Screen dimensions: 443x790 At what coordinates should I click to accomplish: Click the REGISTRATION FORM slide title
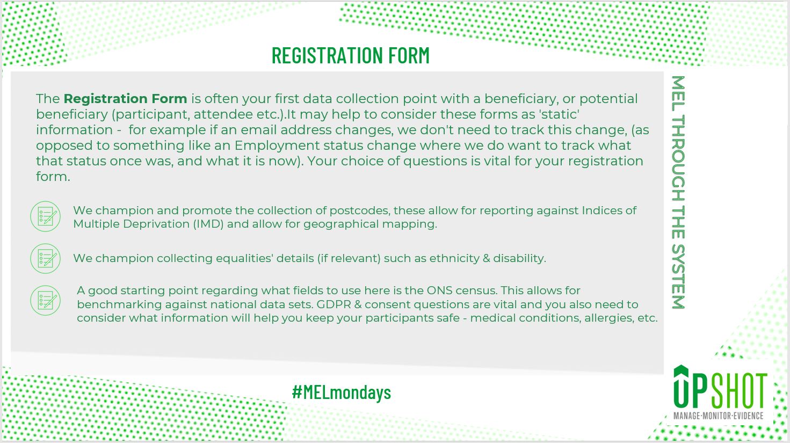coord(350,55)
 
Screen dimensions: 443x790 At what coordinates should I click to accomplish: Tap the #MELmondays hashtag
coord(342,392)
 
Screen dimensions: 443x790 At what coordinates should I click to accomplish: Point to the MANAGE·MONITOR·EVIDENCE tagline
coord(718,416)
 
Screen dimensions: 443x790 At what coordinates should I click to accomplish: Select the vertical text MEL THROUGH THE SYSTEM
coord(678,192)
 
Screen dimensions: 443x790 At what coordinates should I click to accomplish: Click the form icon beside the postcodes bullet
coord(45,216)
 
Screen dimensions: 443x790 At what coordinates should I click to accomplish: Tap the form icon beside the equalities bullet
coord(45,258)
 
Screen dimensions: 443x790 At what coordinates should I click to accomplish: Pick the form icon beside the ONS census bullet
coord(45,300)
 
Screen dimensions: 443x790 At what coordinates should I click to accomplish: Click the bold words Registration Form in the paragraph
coord(125,99)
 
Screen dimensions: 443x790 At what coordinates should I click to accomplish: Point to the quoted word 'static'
coord(560,114)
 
